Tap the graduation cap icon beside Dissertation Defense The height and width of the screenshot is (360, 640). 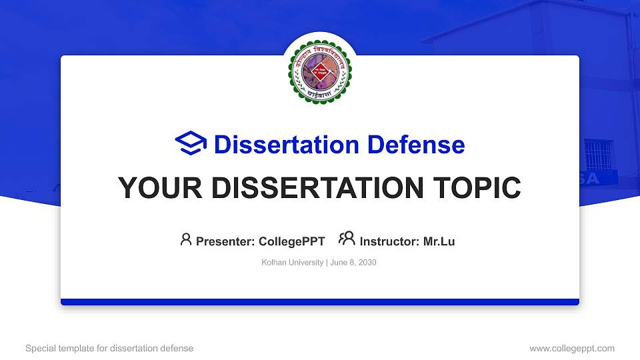coord(191,144)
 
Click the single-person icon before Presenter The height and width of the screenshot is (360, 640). coord(186,239)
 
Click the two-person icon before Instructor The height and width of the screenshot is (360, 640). coord(347,239)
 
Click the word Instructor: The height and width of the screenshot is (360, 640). coord(390,242)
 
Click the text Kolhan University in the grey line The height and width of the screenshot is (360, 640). coord(292,263)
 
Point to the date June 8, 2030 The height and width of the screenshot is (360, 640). coord(353,263)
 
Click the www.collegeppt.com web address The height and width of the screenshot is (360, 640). coord(571,348)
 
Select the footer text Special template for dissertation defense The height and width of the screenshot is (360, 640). coord(109,348)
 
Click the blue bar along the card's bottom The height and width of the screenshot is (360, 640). coord(320,302)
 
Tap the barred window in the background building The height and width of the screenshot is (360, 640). coord(597,154)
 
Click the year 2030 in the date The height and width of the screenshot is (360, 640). coord(367,263)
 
